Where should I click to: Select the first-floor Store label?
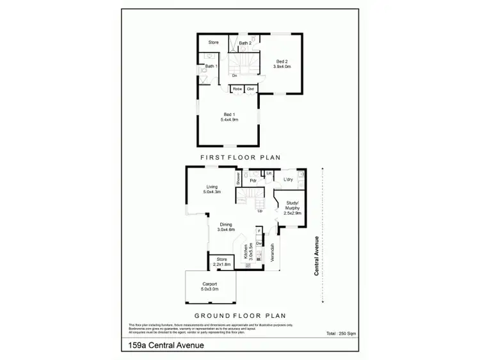pos(214,42)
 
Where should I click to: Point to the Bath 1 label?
pos(211,67)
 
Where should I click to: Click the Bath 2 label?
pos(245,43)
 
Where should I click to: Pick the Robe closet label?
pos(237,89)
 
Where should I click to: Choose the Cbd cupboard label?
pos(250,89)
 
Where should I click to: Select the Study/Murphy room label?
pos(291,206)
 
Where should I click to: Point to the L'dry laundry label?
pos(288,180)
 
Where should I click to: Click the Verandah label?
pos(273,255)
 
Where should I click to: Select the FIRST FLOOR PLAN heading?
pos(240,157)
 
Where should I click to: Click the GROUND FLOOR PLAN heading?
pos(239,315)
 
